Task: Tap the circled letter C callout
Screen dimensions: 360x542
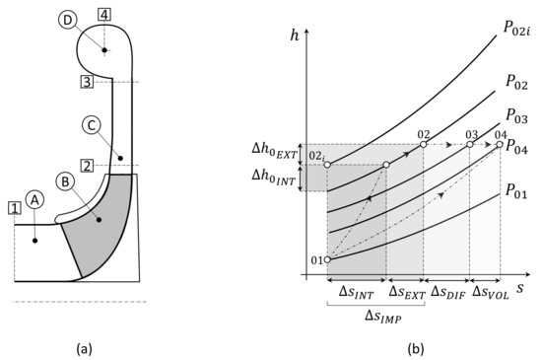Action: [91, 125]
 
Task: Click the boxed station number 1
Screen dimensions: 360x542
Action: [13, 208]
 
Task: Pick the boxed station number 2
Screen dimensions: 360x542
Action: [87, 166]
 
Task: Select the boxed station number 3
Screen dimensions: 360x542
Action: [87, 82]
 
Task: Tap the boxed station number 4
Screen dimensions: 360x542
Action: [104, 14]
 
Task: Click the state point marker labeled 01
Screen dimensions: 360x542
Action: [327, 260]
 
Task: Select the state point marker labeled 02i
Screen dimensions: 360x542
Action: [327, 165]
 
